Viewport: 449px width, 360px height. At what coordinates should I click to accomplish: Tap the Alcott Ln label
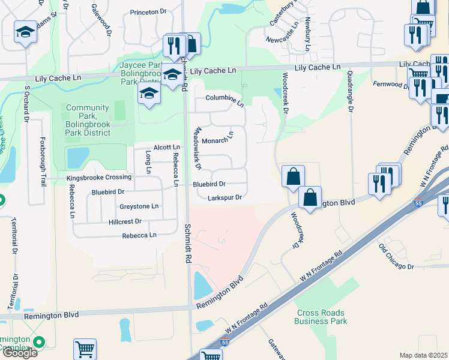coord(166,147)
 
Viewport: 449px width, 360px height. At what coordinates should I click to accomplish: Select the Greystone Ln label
coord(139,206)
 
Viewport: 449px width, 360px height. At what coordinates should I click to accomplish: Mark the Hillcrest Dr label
coord(122,221)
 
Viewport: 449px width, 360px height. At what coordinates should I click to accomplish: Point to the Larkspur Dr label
coord(224,197)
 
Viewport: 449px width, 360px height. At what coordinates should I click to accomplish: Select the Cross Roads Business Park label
coord(321,317)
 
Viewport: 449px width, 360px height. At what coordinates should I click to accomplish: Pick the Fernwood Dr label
coord(390,84)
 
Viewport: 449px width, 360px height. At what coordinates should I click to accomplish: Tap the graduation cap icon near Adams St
coord(25,31)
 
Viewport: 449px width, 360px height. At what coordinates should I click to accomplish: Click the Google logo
coord(19,352)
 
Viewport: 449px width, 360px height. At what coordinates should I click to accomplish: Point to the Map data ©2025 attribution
coord(424,355)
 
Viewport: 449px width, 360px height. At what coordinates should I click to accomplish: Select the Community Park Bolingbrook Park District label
coord(88,116)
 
